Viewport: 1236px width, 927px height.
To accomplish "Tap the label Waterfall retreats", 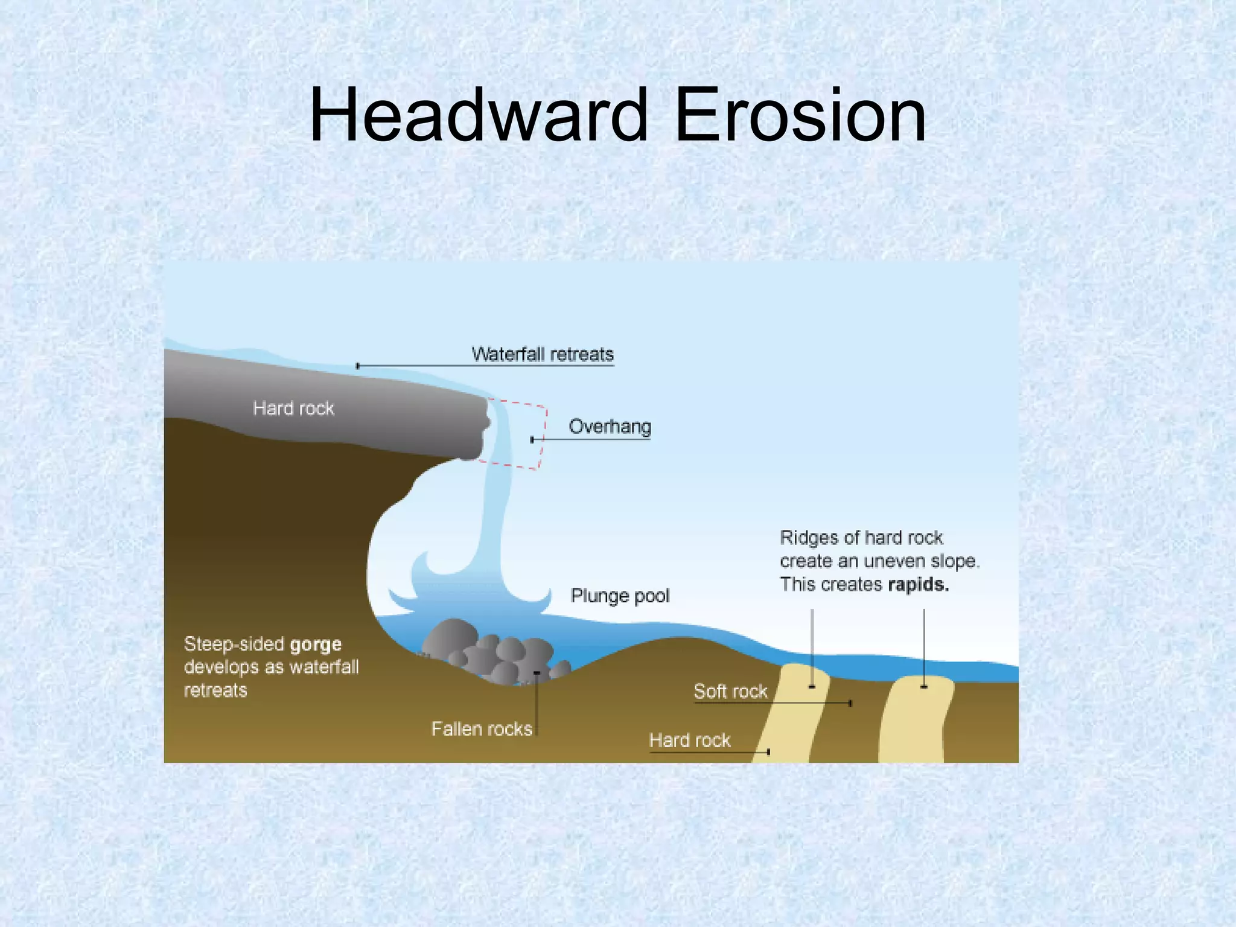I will coord(542,354).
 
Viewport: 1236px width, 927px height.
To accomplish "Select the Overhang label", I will coord(610,427).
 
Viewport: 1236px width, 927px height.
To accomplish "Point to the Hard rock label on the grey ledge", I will coord(293,409).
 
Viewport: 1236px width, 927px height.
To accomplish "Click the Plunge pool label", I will coord(620,596).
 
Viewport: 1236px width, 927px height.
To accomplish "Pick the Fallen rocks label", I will coord(482,729).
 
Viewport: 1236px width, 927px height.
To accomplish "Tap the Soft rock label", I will coord(730,691).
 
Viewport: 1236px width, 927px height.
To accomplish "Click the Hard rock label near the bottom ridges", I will coord(689,741).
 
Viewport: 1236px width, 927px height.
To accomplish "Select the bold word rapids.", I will coord(918,585).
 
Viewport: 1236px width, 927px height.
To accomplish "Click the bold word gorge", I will coord(316,645).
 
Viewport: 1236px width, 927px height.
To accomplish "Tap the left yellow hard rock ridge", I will coord(791,718).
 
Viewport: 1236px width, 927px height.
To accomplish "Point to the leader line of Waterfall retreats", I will coord(422,366).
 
